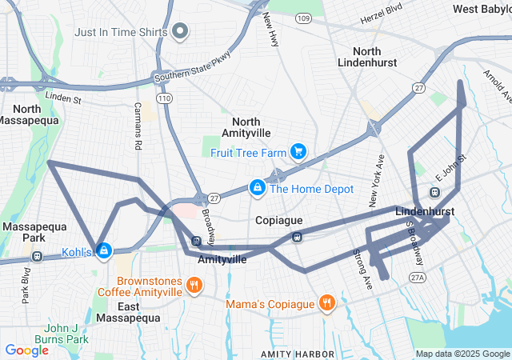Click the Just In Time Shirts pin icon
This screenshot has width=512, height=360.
tap(180, 33)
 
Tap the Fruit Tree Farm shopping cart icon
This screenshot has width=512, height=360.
tap(298, 150)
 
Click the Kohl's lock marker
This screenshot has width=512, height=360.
tap(103, 251)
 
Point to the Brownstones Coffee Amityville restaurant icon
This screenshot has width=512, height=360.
tap(194, 286)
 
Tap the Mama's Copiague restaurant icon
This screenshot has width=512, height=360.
tap(326, 302)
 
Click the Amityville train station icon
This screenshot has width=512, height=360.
tap(196, 241)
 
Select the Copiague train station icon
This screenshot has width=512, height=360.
tap(296, 236)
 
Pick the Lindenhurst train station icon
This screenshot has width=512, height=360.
tap(434, 193)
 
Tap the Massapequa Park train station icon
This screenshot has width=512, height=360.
tap(36, 256)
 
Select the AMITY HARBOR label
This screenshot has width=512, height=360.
tap(296, 354)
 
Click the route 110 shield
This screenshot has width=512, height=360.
tap(165, 98)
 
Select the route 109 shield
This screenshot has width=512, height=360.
tap(302, 17)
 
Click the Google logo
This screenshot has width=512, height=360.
tap(26, 350)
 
